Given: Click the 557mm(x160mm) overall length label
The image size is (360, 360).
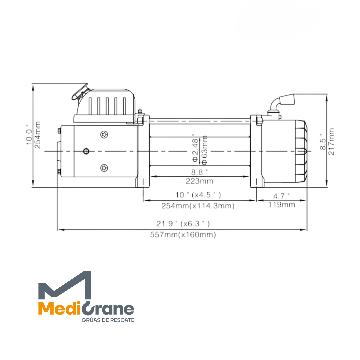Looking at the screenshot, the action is pyautogui.click(x=183, y=235).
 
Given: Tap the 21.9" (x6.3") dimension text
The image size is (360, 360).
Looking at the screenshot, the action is pyautogui.click(x=183, y=224).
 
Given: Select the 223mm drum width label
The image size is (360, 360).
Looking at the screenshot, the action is pyautogui.click(x=200, y=181).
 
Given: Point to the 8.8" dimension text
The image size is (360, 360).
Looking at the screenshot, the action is pyautogui.click(x=199, y=172).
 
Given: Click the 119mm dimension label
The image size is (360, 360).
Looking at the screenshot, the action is pyautogui.click(x=282, y=204).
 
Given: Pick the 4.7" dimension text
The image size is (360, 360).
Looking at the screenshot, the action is pyautogui.click(x=281, y=196).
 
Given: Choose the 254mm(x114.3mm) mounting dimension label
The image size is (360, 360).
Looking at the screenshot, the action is pyautogui.click(x=198, y=206).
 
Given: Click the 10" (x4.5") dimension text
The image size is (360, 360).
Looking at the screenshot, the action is pyautogui.click(x=198, y=195).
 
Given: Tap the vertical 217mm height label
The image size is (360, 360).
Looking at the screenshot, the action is pyautogui.click(x=331, y=142).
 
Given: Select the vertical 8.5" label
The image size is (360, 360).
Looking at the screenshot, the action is pyautogui.click(x=323, y=142).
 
